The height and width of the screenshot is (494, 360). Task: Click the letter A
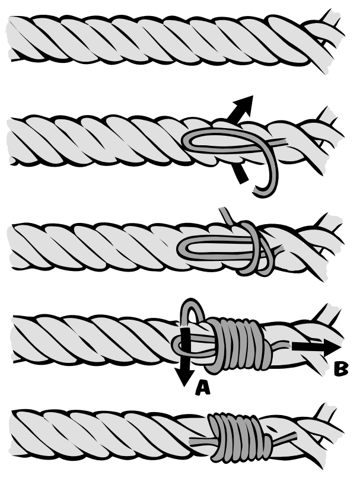pyautogui.click(x=202, y=387)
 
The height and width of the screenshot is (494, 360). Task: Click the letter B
pyautogui.click(x=341, y=369)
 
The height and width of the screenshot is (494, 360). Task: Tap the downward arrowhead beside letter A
pyautogui.click(x=184, y=376)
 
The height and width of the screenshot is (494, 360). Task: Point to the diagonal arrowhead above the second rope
pyautogui.click(x=243, y=105)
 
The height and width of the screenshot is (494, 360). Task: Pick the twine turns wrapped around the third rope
pyautogui.click(x=257, y=249)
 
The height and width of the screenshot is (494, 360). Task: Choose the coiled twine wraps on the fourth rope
pyautogui.click(x=238, y=343)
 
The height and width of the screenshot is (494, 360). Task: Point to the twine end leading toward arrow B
pyautogui.click(x=281, y=346)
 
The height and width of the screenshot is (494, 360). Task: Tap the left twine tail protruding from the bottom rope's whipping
pyautogui.click(x=202, y=442)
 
